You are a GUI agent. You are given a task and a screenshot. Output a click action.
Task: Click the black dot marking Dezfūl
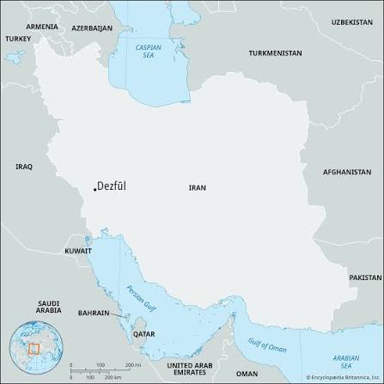[94, 188]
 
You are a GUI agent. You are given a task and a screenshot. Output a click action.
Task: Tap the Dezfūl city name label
[113, 186]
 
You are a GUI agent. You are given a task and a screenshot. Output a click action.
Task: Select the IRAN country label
[197, 187]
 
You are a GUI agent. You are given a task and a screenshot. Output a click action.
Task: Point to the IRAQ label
[23, 166]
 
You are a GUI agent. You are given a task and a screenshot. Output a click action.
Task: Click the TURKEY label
[17, 39]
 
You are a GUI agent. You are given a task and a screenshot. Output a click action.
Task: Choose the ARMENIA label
[42, 27]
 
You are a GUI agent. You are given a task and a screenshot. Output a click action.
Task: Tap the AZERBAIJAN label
[92, 27]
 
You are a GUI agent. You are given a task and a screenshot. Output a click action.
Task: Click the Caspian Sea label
[147, 52]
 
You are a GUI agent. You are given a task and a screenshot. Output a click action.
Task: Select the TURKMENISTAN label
[275, 53]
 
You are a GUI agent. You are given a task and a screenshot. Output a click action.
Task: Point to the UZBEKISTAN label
[351, 21]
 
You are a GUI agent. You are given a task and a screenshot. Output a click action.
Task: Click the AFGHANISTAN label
[347, 172]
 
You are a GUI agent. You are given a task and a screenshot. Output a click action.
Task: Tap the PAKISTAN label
[365, 277]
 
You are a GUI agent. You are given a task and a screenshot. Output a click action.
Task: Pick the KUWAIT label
[77, 251]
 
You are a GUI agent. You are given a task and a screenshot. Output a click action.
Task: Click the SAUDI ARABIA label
[48, 307]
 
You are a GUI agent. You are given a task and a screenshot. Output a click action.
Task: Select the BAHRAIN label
[94, 313]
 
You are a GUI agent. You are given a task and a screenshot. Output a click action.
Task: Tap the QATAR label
[144, 333]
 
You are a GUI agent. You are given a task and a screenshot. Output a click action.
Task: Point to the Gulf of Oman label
[267, 344]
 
